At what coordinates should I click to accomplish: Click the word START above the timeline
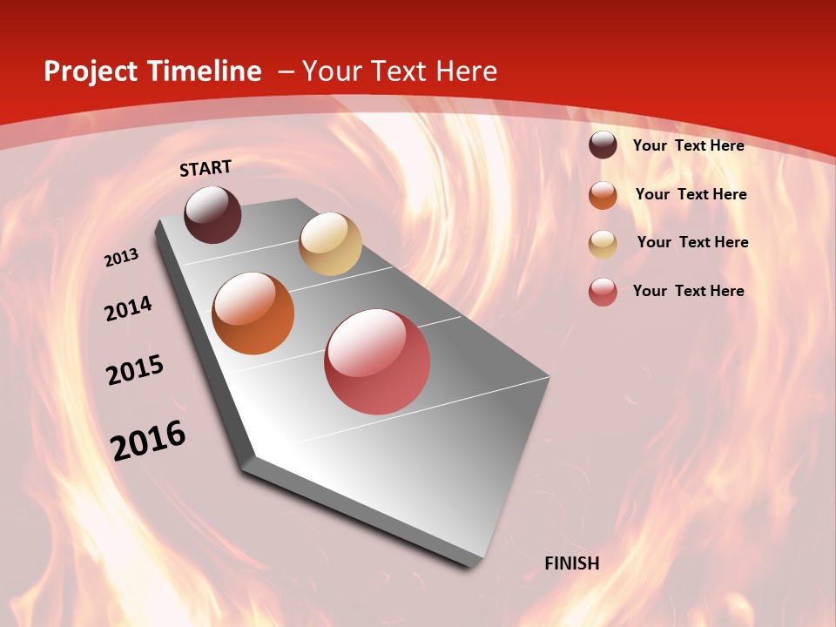(x=206, y=168)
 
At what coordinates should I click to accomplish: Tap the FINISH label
(x=572, y=563)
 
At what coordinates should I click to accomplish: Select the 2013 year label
(x=122, y=258)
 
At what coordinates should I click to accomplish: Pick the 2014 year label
(x=129, y=308)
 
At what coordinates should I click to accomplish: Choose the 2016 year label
(x=148, y=440)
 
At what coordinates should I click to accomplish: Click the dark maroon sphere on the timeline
(x=213, y=214)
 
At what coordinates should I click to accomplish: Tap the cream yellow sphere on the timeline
(x=330, y=244)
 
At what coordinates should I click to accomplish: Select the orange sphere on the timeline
(x=253, y=313)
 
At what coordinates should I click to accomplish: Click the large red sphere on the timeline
(x=377, y=361)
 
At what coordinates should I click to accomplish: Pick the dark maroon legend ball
(x=603, y=145)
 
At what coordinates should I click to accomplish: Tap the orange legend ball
(x=603, y=195)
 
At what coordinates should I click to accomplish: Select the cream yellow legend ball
(x=603, y=244)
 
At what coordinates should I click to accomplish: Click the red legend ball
(x=603, y=292)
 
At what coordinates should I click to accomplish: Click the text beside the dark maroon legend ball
(x=688, y=145)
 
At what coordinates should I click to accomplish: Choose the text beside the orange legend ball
(x=691, y=194)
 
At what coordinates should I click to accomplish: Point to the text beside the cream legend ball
(x=692, y=242)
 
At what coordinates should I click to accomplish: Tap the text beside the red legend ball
(x=688, y=291)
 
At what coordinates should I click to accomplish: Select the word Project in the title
(x=91, y=71)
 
